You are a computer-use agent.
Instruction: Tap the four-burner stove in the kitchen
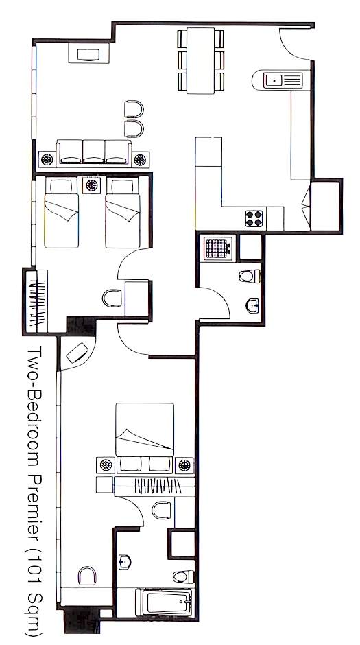coord(254,218)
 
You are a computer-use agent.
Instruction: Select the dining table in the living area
coord(200,60)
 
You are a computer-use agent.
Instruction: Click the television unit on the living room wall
coord(88,54)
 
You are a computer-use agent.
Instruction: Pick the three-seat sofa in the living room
coord(94,152)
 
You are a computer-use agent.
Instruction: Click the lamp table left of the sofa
coord(47,159)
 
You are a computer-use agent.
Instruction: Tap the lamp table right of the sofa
coord(140,159)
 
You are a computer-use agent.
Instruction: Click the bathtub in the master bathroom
coord(164,602)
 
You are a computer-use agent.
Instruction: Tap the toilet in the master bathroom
coord(183,576)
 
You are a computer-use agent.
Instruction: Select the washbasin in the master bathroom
coord(125,562)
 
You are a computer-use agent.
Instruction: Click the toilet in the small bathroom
coord(250,276)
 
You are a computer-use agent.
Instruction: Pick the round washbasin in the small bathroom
coord(252,305)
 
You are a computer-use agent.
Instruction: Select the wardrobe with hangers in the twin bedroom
coord(36,301)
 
